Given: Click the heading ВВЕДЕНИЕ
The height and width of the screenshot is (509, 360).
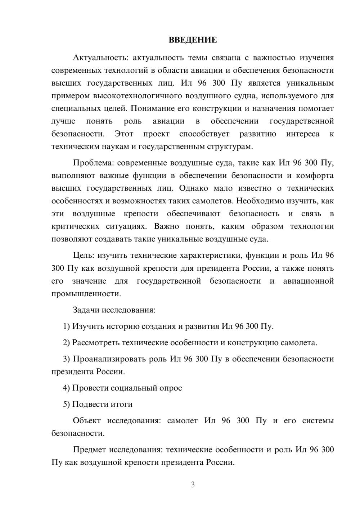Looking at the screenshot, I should tap(193, 40).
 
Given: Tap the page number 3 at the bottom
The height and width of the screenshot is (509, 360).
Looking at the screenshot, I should tap(193, 485).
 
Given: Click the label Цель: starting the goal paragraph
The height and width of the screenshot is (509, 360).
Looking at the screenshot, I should tap(84, 255).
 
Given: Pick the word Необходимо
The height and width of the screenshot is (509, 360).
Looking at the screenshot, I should tap(260, 201).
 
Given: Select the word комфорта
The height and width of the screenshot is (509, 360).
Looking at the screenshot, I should tap(315, 176).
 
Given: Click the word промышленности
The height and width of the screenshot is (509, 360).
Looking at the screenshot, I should tap(86, 294).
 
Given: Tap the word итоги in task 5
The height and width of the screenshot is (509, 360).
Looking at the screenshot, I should tap(121, 404).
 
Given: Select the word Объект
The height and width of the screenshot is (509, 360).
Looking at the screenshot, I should tap(87, 420).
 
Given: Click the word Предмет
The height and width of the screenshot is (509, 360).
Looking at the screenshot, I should tap(89, 450).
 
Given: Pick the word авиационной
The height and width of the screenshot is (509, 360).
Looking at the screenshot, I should tap(309, 281).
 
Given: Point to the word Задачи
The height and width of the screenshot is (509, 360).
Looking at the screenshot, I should tap(86, 310).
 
